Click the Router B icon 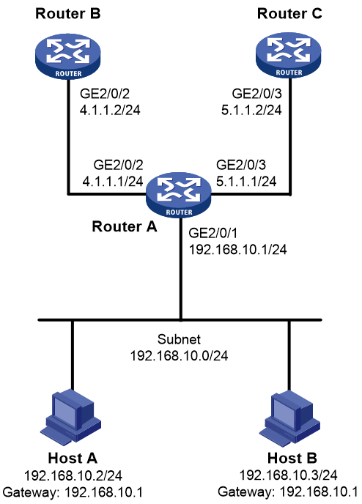coord(68,56)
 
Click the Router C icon coord(289,55)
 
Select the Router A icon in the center coord(179,194)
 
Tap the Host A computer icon coord(71,417)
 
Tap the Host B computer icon coord(289,418)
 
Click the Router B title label coord(68,13)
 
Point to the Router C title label coord(289,13)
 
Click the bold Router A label coord(125,226)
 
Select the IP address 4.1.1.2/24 coord(110,110)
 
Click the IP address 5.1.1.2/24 coord(251,110)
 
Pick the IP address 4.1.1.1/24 coord(113,182)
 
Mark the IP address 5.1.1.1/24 coord(246,182)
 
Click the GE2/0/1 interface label coord(213,234)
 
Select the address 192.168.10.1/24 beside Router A coord(237,250)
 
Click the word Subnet coord(179,339)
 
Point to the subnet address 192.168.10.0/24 coord(179,356)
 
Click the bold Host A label coord(73,459)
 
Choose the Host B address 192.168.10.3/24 coord(289,475)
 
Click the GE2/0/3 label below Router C coord(257,94)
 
